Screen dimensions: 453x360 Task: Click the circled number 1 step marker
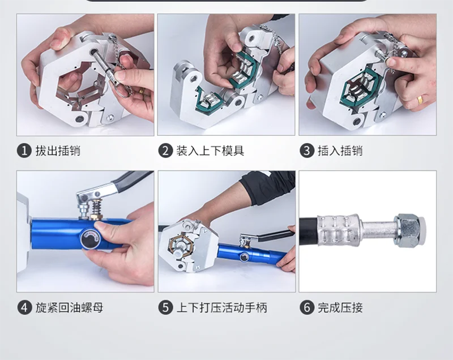coord(24,151)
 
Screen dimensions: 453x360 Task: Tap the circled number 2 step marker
coord(165,151)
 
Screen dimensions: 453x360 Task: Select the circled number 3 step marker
coord(307,151)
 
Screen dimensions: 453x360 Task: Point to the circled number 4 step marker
coord(24,307)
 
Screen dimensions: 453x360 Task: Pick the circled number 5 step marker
coord(165,307)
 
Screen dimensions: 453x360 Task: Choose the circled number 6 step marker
coord(307,307)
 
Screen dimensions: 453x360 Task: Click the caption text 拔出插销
coord(58,151)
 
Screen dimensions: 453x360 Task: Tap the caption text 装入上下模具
coord(210,151)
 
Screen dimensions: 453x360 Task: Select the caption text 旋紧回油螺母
coord(69,307)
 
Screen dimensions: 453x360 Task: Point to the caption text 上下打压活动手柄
coord(222,307)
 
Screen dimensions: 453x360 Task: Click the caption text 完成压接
coord(340,307)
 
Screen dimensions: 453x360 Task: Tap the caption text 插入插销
coord(340,151)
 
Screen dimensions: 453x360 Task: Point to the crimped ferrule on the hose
coord(338,230)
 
